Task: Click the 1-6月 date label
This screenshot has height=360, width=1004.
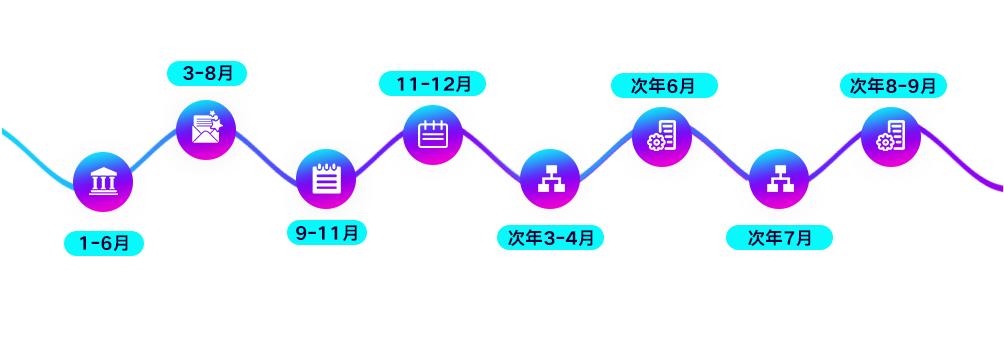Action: (x=104, y=243)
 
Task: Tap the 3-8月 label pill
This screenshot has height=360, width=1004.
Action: (x=207, y=74)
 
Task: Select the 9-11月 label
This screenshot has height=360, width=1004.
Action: (x=327, y=233)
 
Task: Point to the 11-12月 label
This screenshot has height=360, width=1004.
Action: (x=432, y=83)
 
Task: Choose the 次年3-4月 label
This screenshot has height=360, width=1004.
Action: (x=551, y=238)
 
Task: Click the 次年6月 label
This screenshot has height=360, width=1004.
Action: (x=664, y=86)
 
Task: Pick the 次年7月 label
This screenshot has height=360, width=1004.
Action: (x=779, y=238)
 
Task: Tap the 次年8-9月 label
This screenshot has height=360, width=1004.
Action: (x=893, y=86)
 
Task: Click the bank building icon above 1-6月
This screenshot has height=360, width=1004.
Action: (x=103, y=182)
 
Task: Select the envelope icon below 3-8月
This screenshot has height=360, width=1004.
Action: (x=206, y=129)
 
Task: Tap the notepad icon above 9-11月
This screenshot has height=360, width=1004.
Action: (x=326, y=179)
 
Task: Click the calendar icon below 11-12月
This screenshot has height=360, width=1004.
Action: (x=433, y=135)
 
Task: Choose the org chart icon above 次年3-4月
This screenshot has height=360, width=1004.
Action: (x=549, y=179)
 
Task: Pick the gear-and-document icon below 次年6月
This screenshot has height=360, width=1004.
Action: (x=661, y=136)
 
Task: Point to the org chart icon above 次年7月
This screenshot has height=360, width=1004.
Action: (x=779, y=179)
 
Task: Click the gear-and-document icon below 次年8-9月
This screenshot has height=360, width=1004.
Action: (x=890, y=136)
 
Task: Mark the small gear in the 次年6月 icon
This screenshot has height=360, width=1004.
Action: (x=654, y=142)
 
